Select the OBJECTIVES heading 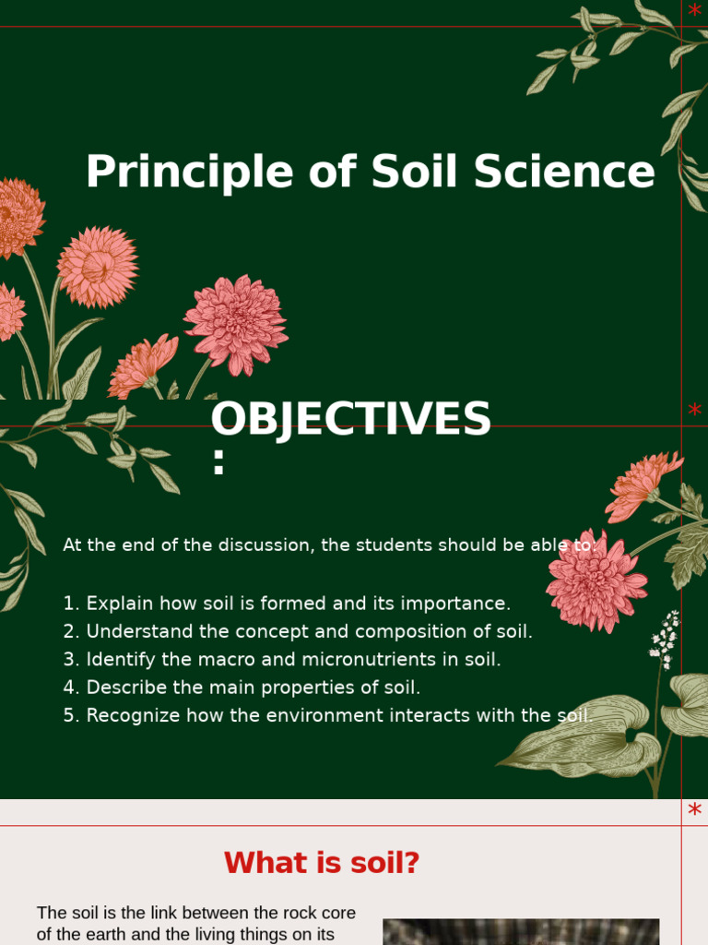(350, 420)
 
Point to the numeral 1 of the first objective (68, 604)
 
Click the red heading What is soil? (322, 863)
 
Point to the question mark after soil (411, 863)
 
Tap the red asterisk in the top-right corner (694, 11)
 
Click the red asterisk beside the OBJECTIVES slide (694, 410)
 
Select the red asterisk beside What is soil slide (694, 810)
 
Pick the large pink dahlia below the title (236, 324)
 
